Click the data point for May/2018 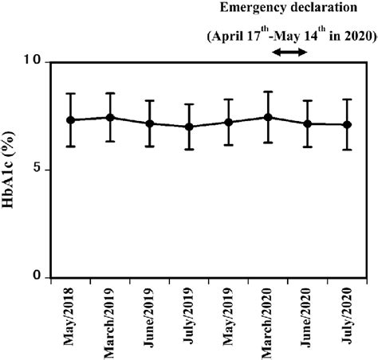pyautogui.click(x=71, y=119)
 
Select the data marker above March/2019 pyautogui.click(x=110, y=117)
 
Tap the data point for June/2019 pyautogui.click(x=149, y=123)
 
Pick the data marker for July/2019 pyautogui.click(x=189, y=127)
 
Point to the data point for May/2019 pyautogui.click(x=228, y=122)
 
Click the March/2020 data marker pyautogui.click(x=268, y=117)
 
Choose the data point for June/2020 pyautogui.click(x=307, y=123)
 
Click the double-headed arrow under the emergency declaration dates pyautogui.click(x=289, y=52)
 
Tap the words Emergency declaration pyautogui.click(x=289, y=10)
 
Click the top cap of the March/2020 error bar pyautogui.click(x=268, y=92)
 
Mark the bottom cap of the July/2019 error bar pyautogui.click(x=189, y=149)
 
